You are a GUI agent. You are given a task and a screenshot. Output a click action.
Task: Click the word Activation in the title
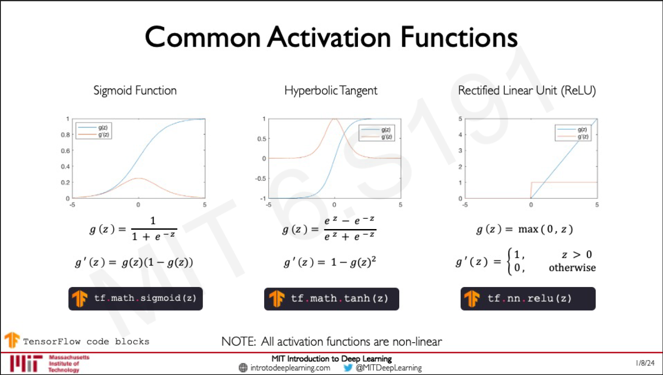point(329,37)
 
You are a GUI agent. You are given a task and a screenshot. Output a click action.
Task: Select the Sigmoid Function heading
point(135,91)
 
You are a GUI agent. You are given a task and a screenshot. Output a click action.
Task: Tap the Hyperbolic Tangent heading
point(331,91)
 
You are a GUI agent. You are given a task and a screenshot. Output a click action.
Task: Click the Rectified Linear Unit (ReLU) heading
point(527,91)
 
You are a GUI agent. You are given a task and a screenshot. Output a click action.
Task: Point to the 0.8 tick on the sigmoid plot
point(65,135)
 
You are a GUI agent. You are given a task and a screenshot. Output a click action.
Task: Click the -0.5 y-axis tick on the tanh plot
point(261,178)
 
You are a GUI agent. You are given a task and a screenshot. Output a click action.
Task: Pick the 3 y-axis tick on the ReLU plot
point(460,150)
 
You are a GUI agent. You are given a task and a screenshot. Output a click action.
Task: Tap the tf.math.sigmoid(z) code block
point(135,299)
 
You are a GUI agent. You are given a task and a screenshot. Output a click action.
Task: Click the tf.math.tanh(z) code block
point(331,299)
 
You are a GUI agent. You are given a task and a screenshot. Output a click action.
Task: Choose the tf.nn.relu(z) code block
point(528,299)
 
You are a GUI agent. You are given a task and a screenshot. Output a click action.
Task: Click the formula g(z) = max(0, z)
point(524,229)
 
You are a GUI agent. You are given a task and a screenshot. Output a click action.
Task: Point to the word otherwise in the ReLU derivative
point(572,268)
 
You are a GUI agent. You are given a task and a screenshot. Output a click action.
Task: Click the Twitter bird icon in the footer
point(348,368)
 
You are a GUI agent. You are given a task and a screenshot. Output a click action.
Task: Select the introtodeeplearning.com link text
point(290,368)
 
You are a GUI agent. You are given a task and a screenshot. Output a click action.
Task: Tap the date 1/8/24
point(645,363)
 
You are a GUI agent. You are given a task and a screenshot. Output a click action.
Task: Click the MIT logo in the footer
point(26,363)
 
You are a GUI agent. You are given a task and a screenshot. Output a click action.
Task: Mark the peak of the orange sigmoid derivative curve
point(139,178)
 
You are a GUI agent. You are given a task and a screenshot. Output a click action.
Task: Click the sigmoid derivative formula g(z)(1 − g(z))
point(157,263)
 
